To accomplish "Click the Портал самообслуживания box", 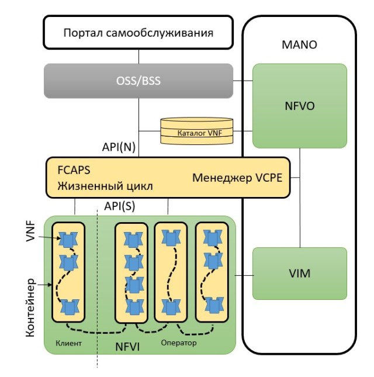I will [138, 33].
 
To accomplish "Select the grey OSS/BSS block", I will [138, 81].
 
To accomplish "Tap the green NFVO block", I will [299, 106].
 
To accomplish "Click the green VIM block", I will [299, 273].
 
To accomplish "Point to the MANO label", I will [299, 45].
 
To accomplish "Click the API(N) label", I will [120, 148].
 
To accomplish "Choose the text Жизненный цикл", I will [105, 187].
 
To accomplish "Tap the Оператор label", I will [179, 343].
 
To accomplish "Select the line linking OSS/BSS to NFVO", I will [243, 81].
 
